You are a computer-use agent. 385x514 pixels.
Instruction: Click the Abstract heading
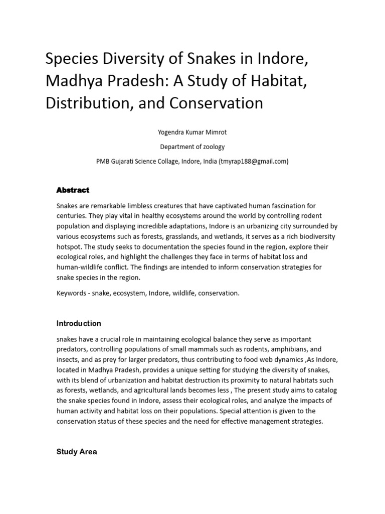coord(73,190)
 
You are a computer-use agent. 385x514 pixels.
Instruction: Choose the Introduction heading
coord(79,323)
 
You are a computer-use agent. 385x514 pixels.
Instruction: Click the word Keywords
coord(72,293)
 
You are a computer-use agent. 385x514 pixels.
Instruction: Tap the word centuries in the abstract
coord(72,216)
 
